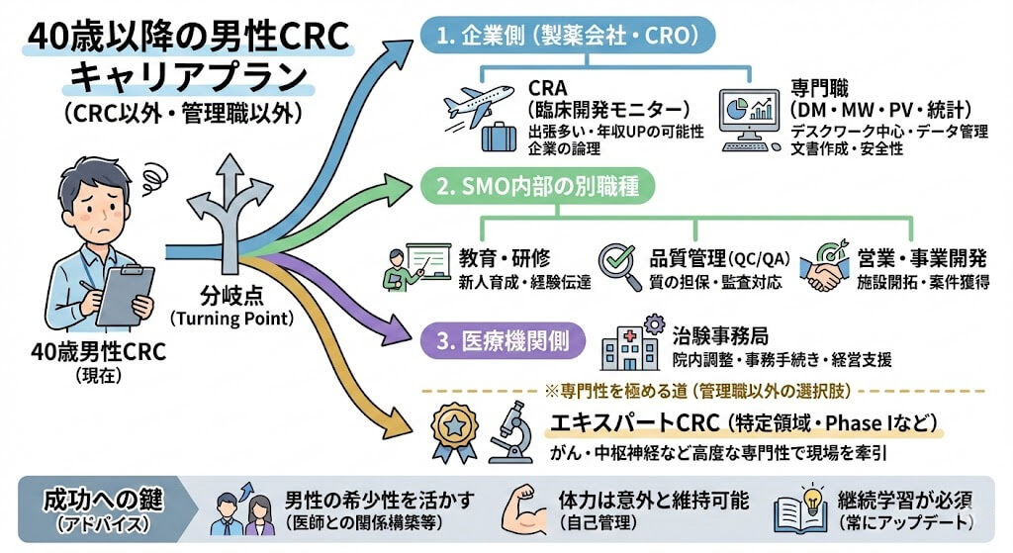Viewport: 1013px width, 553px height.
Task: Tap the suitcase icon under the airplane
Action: [498, 137]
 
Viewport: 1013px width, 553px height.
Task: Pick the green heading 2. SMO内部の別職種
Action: [568, 186]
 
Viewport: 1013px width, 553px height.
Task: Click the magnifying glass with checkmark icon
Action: [621, 264]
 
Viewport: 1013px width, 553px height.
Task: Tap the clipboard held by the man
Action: [126, 294]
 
